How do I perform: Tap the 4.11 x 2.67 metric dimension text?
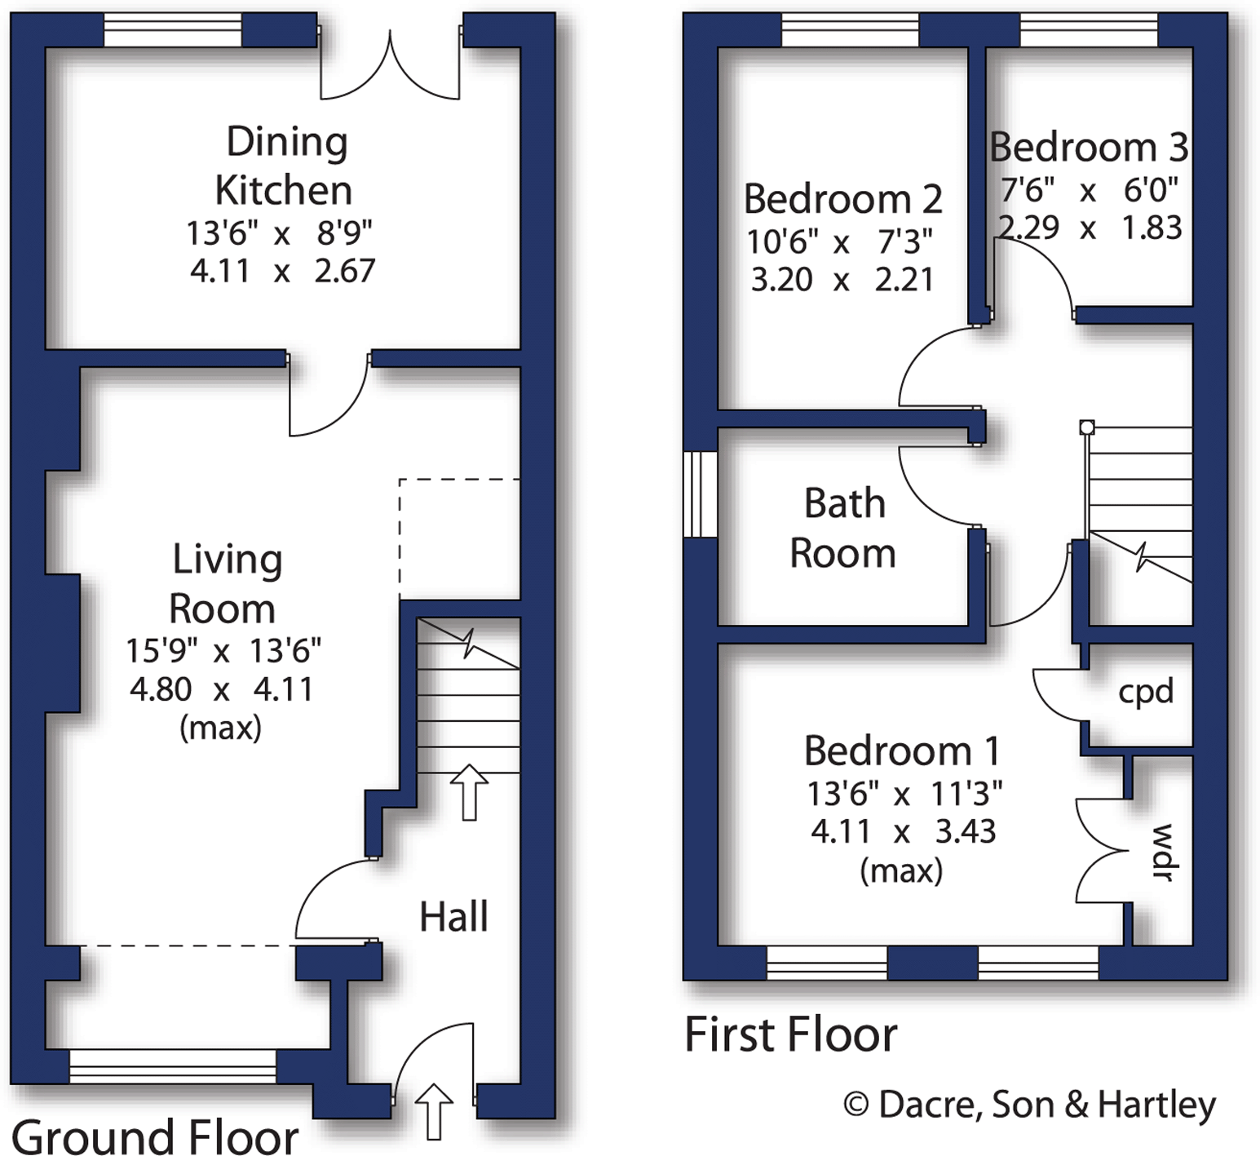282,271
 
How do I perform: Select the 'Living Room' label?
225,584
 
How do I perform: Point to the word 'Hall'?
453,917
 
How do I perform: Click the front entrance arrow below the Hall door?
434,1111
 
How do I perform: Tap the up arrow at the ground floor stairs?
469,792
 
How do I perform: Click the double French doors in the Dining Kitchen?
390,70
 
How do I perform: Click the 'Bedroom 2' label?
842,199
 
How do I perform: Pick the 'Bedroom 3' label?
1088,148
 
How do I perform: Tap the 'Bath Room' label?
843,529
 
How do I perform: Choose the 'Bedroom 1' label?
901,751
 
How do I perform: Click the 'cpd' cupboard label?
1145,692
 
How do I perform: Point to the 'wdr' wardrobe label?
1161,852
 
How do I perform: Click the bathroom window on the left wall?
700,494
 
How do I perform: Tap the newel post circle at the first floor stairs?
1086,427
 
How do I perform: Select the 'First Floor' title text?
790,1034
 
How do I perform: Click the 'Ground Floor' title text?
155,1136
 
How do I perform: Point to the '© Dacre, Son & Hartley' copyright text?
1029,1105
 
